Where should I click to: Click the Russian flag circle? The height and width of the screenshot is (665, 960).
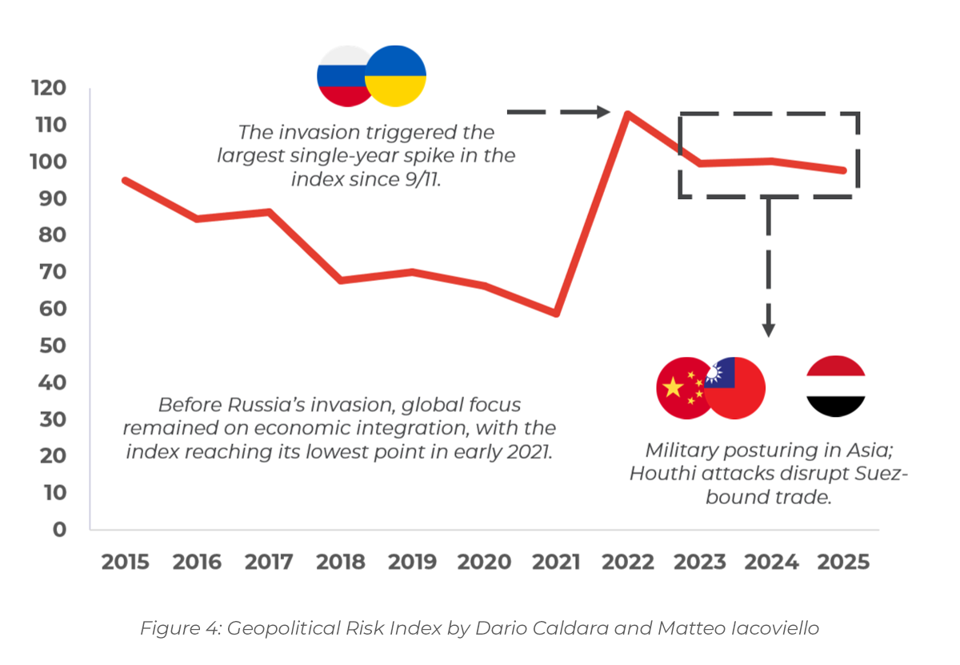click(x=342, y=76)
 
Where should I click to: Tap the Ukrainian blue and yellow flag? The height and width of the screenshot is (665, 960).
click(x=396, y=77)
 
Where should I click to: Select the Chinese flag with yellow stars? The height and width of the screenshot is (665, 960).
click(x=682, y=388)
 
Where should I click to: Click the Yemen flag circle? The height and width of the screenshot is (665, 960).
click(x=836, y=387)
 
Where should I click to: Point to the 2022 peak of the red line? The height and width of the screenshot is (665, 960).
click(x=627, y=114)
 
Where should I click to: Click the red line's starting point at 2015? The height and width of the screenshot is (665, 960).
click(x=125, y=180)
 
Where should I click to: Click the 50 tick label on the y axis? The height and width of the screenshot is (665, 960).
click(x=54, y=346)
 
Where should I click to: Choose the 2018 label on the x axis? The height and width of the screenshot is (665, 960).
click(x=341, y=562)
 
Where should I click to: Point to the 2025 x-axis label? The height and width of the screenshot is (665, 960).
click(x=843, y=562)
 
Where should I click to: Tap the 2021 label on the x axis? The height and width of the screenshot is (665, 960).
click(x=556, y=562)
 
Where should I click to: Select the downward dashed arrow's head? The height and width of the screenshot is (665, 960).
click(x=768, y=328)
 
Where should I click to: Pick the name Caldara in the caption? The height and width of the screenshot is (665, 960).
click(x=518, y=628)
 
